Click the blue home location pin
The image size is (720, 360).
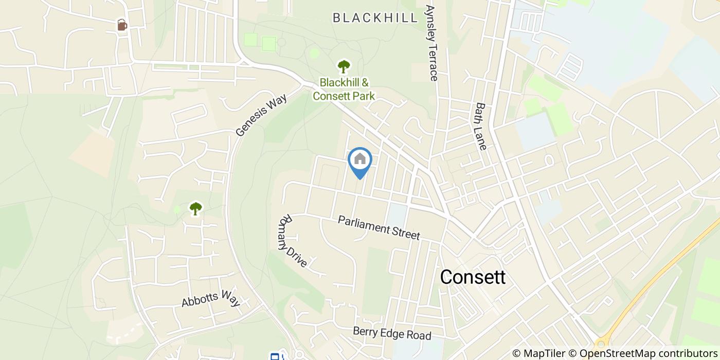(360, 162)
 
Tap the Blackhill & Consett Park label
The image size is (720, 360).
(344, 89)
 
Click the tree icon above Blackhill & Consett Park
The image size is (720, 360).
(344, 66)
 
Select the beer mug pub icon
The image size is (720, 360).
(122, 25)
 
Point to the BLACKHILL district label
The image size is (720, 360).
(375, 19)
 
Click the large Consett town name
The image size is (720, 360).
(473, 277)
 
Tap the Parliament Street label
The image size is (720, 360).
(379, 227)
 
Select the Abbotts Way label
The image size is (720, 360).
(211, 298)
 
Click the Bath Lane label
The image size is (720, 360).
(481, 126)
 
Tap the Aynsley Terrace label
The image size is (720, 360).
(430, 43)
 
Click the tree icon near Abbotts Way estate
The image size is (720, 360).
(195, 208)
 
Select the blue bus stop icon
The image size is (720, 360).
(275, 356)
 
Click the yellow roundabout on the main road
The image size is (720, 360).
(600, 344)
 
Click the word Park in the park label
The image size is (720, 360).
(363, 96)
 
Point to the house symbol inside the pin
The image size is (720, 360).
(360, 158)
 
